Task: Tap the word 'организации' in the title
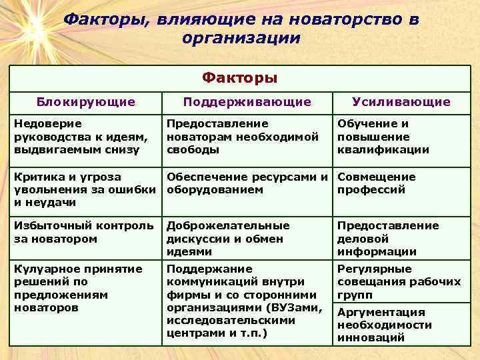(241, 38)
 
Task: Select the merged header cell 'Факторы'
(240, 78)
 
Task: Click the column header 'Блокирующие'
(85, 102)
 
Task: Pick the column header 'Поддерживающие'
(247, 102)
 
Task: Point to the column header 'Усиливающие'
(401, 102)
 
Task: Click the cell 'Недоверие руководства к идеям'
(80, 137)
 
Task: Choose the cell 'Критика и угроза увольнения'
(80, 189)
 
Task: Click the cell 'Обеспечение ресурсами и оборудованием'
(247, 183)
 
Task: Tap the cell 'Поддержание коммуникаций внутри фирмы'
(243, 301)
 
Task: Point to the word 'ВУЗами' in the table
(298, 308)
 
